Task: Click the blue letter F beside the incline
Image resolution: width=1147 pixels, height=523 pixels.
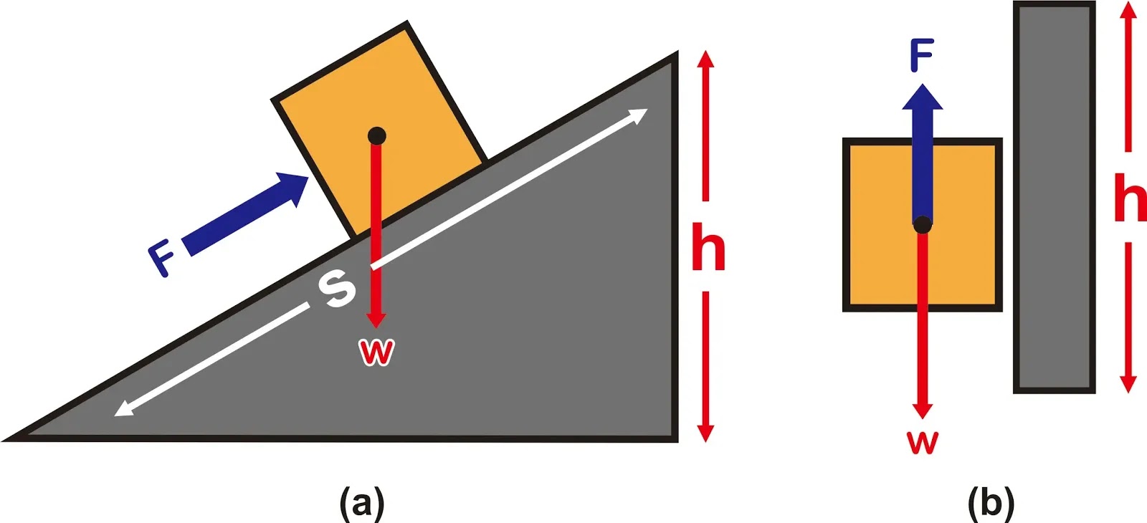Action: [163, 259]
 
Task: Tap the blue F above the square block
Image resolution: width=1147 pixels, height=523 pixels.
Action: [922, 56]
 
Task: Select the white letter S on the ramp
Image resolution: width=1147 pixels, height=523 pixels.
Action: [336, 288]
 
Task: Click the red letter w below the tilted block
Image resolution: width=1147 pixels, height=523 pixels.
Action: [376, 351]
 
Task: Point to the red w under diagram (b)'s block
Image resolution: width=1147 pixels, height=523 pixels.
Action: [923, 442]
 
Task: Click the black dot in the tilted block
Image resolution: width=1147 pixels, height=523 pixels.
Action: [376, 135]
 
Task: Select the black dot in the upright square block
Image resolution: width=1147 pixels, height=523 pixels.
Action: [923, 225]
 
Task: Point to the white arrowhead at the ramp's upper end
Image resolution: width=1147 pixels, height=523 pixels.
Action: [637, 115]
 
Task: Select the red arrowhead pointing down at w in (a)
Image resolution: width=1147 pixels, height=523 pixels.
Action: [376, 319]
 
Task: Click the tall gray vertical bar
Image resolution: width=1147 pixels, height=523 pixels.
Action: [1054, 197]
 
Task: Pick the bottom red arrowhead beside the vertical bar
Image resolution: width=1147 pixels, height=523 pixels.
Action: [1128, 383]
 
